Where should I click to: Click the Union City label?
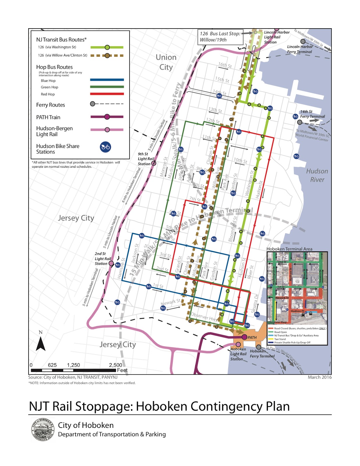(166, 62)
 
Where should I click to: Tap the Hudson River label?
(317, 175)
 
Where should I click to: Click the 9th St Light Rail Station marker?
(153, 163)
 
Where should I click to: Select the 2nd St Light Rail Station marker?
(111, 263)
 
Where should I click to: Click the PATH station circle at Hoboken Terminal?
(244, 337)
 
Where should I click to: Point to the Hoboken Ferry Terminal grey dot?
(258, 347)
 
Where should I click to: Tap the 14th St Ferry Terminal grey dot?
(299, 122)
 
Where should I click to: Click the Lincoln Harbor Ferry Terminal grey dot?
(303, 41)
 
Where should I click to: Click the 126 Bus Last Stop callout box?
(220, 37)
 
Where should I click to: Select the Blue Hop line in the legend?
(107, 80)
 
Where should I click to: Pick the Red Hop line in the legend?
(107, 94)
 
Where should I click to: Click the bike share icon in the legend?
(105, 147)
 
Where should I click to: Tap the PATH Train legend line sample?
(107, 117)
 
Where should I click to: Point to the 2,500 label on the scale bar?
(115, 365)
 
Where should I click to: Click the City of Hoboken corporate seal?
(43, 430)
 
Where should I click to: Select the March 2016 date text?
(320, 377)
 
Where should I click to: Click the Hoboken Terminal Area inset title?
(289, 249)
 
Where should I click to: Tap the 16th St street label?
(225, 65)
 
